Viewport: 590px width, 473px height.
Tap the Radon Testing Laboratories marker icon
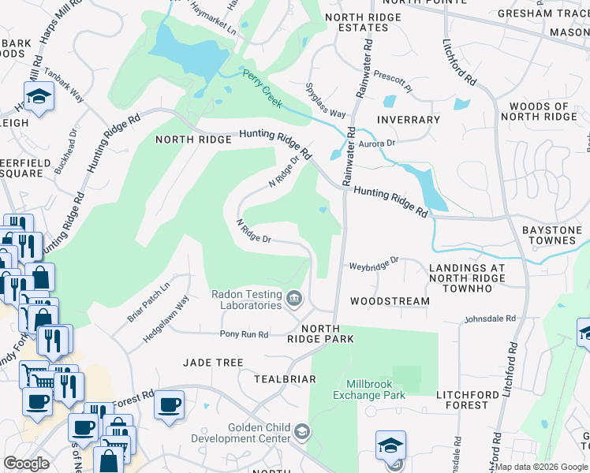[294, 297]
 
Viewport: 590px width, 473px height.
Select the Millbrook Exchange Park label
[375, 389]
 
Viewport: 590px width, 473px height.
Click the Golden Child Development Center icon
[303, 431]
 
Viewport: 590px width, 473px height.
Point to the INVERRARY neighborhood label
[408, 120]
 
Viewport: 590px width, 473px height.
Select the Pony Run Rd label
[244, 334]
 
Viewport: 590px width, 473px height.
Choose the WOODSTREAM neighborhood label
[390, 301]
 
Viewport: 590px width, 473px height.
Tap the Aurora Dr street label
[376, 144]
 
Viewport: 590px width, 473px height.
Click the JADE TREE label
[213, 362]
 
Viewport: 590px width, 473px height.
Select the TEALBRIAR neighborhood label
[285, 379]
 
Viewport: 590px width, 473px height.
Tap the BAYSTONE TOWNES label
[552, 235]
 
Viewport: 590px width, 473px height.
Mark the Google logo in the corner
[26, 464]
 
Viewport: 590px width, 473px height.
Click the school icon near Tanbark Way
[37, 98]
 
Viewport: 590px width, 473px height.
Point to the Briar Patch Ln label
[148, 302]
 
